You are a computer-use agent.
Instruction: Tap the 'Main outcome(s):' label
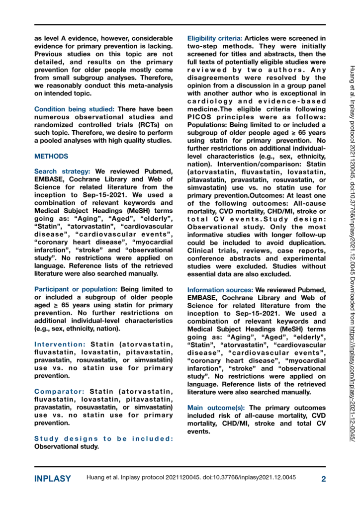(216, 408)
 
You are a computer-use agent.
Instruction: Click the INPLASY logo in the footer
(53, 478)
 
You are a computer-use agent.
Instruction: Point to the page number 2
(323, 478)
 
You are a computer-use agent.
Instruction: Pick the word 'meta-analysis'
(150, 85)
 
